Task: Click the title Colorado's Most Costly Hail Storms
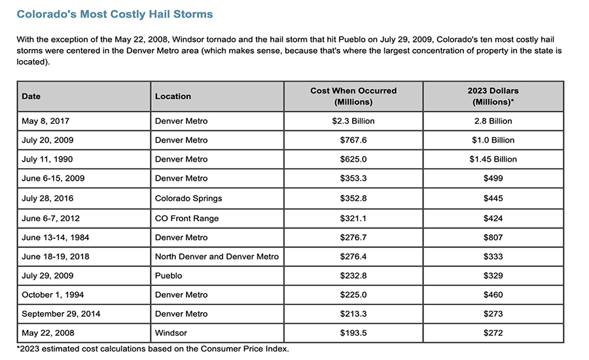coord(115,14)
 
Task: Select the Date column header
coord(31,96)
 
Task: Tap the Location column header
coord(173,96)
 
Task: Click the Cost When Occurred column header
coord(353,96)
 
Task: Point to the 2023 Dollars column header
coord(493,96)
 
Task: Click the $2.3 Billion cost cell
coord(353,121)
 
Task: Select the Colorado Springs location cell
coord(188,198)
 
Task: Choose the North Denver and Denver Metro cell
coord(217,257)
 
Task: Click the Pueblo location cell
coord(168,276)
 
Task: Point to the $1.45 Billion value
coord(493,159)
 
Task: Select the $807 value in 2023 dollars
coord(493,237)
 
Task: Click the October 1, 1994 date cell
coord(49,295)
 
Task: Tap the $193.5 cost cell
coord(353,333)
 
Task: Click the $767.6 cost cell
coord(353,140)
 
